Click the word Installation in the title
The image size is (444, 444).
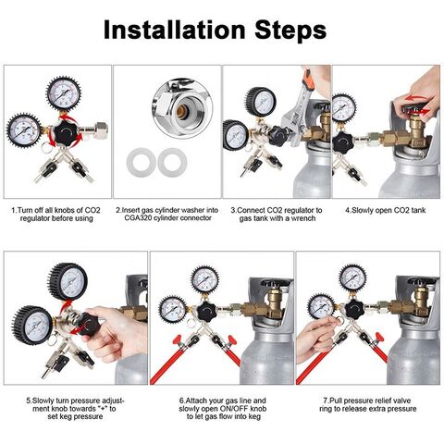[174, 30]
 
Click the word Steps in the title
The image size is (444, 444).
[290, 31]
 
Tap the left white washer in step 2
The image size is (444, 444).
[142, 163]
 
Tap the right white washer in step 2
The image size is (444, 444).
[172, 163]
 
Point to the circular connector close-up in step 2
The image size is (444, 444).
[182, 108]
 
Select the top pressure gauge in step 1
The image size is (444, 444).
[64, 93]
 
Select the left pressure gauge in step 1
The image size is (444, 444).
[23, 130]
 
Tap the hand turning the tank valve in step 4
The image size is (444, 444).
[419, 95]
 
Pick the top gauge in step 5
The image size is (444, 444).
[68, 281]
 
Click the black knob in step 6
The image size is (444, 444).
[206, 312]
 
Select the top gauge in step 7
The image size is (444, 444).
[353, 277]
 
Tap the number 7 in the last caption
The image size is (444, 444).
[325, 401]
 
